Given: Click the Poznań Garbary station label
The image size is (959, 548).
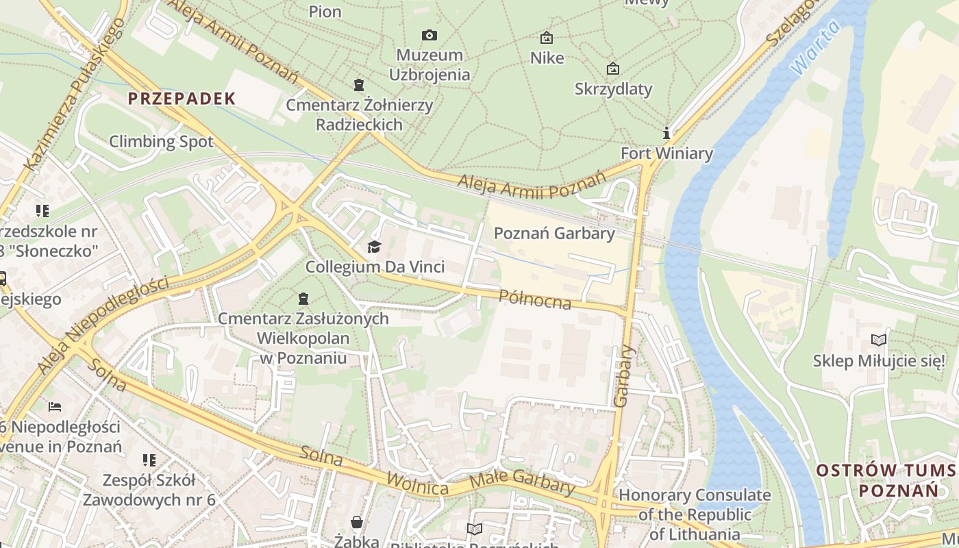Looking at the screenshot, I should [x=554, y=234].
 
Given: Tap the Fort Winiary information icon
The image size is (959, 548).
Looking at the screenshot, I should [x=666, y=133].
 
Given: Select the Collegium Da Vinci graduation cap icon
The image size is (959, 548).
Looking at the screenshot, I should [x=374, y=247].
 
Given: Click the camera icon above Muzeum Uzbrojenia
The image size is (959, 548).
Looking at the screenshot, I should [x=429, y=35].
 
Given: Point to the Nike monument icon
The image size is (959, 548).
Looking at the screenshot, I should [x=547, y=38].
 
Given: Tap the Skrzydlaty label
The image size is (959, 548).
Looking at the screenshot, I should [x=613, y=89].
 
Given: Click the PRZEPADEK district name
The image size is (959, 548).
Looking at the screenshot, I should [x=182, y=99].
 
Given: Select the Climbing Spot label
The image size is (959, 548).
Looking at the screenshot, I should [x=162, y=142].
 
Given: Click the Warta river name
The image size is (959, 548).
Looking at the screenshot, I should [x=814, y=48].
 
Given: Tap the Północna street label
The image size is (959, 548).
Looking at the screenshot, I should [x=534, y=299].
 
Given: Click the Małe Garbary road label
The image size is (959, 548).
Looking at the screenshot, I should [x=523, y=482].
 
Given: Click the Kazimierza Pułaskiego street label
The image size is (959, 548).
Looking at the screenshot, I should [x=75, y=95].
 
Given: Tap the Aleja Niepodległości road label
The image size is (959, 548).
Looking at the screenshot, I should [x=103, y=325].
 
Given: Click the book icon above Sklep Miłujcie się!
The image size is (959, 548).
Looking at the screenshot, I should [x=878, y=340].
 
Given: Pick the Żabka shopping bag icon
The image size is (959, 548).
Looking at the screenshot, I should [x=357, y=523].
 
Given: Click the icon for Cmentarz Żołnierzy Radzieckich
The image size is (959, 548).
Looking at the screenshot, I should [x=358, y=85].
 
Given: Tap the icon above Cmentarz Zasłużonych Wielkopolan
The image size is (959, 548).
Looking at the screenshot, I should [x=303, y=299].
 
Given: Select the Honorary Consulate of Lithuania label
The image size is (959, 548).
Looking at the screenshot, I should [x=695, y=514].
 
